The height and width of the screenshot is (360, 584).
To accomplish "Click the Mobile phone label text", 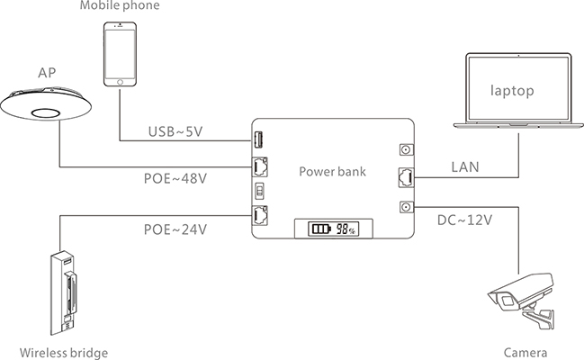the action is pos(120,5).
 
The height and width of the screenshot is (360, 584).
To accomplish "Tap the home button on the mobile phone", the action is pos(120,82).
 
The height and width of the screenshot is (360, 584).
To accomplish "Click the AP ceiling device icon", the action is pos(46,104).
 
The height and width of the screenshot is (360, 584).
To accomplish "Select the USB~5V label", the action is pos(175,131).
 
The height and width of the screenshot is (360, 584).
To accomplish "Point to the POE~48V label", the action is pos(175,178).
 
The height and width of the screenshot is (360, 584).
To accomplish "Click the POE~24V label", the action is pos(175,229).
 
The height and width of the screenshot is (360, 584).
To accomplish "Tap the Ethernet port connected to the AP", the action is pos(260,167).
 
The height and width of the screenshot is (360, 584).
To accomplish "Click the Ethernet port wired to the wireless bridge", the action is pos(260,215).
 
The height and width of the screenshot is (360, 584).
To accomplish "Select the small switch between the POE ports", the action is pos(259,191).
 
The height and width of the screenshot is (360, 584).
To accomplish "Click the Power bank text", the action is pos(332,171).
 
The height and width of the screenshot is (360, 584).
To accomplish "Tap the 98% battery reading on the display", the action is pos(346,229).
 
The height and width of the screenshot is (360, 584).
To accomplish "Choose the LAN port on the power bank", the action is pos(407,177).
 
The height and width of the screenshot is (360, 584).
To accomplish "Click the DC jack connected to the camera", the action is pos(407,207).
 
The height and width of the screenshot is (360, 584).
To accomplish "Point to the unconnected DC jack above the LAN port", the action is pos(407,149).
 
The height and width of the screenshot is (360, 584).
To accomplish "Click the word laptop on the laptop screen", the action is pos(512,91).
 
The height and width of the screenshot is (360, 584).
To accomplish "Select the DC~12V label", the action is pos(464,220).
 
